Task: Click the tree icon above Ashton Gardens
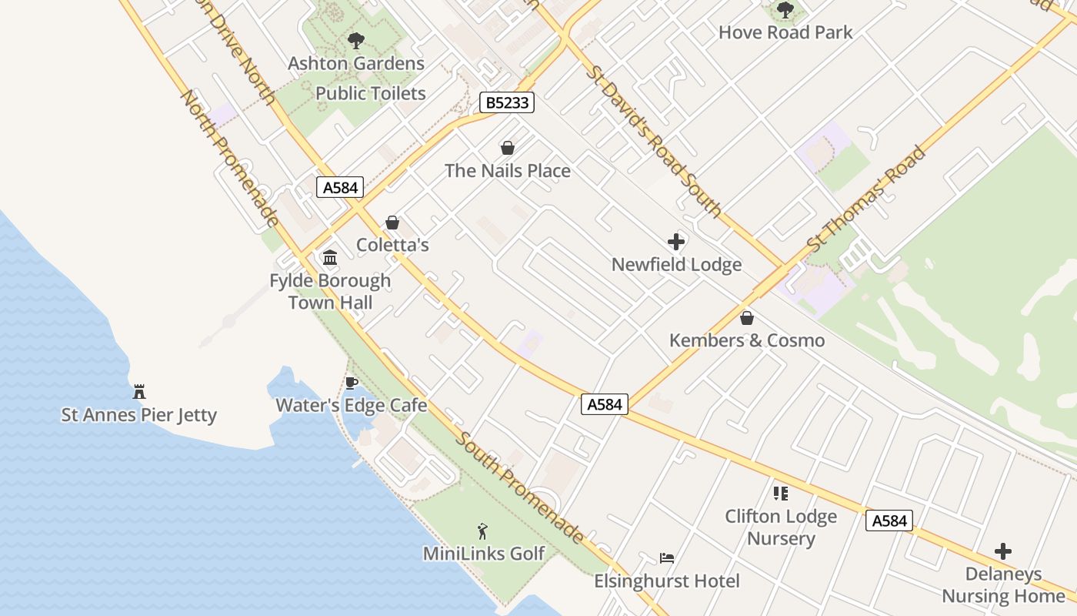coord(355,40)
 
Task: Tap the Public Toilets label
coord(371,93)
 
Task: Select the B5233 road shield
coord(507,102)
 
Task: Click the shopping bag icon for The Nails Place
coord(507,148)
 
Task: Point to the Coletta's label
coord(392,245)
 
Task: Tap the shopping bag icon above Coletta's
coord(392,223)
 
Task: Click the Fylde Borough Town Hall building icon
coord(330,257)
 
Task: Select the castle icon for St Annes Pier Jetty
coord(139,391)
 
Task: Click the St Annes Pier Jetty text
coord(139,415)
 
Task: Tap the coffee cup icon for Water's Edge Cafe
coord(352,383)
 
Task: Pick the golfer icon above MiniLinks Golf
coord(483,531)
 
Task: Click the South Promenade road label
coord(519,487)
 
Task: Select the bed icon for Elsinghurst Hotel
coord(667,558)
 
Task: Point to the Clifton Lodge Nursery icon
coord(781,494)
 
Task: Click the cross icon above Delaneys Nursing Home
coord(1003,551)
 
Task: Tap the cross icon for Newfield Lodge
coord(676,242)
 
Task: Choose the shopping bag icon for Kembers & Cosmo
coord(747,318)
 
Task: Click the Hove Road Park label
coord(785,32)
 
